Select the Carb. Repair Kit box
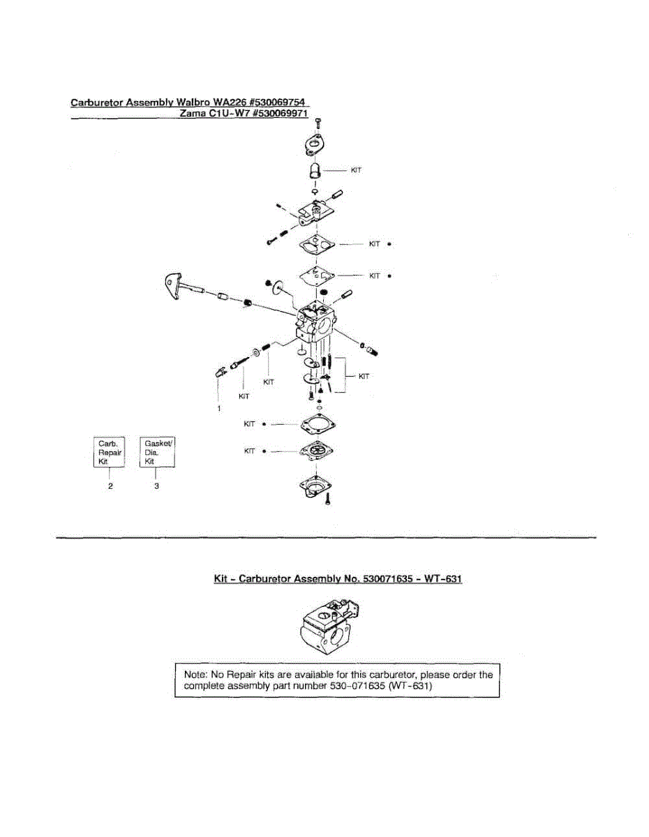[110, 452]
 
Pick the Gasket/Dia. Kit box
[157, 452]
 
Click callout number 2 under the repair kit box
[110, 487]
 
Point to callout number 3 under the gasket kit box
[156, 487]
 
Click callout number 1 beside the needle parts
[218, 407]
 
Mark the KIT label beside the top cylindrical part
[356, 169]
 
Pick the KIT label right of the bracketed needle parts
[363, 377]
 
